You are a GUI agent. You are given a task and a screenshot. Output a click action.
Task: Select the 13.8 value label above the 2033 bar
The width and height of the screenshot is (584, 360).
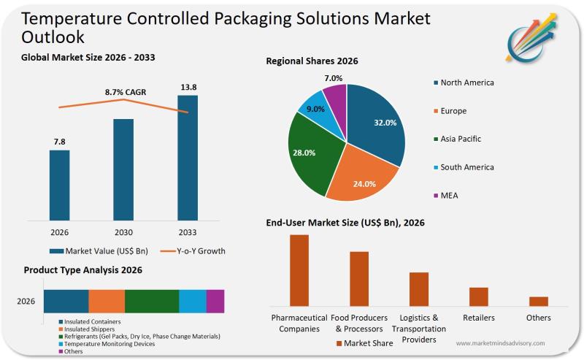188,88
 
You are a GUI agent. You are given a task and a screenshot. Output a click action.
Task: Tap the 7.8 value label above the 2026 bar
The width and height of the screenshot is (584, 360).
59,141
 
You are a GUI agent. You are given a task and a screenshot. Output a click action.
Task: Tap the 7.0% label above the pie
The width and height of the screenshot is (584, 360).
334,78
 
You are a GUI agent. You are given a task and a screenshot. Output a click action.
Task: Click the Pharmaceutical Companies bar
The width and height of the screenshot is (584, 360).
299,269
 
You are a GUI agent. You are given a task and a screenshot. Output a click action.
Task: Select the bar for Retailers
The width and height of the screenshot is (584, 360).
478,296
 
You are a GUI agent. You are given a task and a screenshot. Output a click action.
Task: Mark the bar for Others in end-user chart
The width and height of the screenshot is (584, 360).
539,301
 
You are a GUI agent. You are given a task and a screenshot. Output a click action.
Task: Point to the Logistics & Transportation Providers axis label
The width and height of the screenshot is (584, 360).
418,328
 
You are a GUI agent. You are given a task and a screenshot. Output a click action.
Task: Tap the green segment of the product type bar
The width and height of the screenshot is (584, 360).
152,301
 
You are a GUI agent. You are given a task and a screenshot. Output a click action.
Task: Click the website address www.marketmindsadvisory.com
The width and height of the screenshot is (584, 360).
500,342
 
